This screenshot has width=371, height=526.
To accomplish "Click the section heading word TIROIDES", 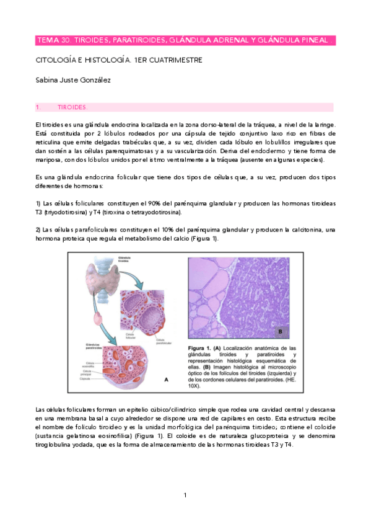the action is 72,107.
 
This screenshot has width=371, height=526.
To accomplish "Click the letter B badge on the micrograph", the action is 279,332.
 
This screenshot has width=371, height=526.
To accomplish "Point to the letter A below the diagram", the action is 165,380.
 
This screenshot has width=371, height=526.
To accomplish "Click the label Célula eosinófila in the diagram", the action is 90,363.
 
